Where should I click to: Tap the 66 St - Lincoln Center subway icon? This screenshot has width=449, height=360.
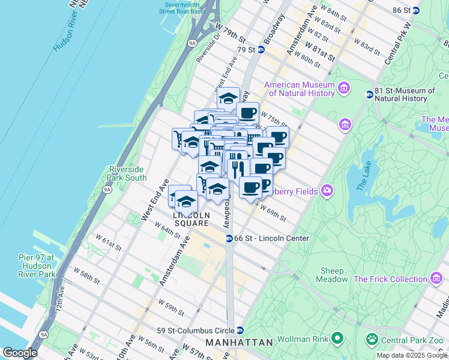(229, 238)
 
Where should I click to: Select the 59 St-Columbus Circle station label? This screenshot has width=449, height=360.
(196, 330)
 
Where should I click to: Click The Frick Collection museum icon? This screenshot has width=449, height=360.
(435, 279)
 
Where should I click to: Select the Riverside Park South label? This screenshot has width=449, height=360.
(127, 173)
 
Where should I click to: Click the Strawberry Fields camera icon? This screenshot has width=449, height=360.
(327, 191)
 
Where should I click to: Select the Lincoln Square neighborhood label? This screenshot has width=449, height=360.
(191, 219)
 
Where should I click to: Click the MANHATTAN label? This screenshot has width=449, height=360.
(239, 342)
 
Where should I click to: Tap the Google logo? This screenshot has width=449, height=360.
(20, 353)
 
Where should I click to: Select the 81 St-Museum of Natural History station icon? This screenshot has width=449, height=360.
(369, 94)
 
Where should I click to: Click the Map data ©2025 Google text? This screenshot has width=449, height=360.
(412, 355)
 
